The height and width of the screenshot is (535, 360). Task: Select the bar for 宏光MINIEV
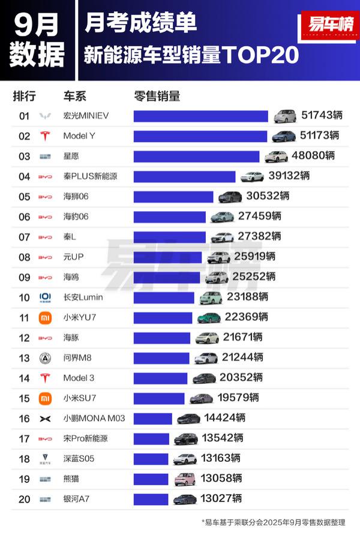tap(200, 116)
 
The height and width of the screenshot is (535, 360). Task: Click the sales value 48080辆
tap(313, 156)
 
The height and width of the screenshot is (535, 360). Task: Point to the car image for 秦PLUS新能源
tap(252, 176)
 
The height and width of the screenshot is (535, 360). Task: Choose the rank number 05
tap(24, 196)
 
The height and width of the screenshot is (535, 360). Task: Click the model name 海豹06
tap(76, 217)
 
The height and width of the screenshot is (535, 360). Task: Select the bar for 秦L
tap(169, 237)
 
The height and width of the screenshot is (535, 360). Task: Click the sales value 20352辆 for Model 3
tap(241, 378)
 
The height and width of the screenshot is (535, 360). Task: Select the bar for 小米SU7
tap(159, 398)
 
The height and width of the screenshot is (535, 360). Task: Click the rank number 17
tap(24, 438)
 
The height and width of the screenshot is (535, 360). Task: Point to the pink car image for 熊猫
tap(185, 479)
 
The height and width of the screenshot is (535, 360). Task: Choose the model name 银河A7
tap(78, 499)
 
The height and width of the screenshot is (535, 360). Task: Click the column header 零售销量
tap(157, 96)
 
